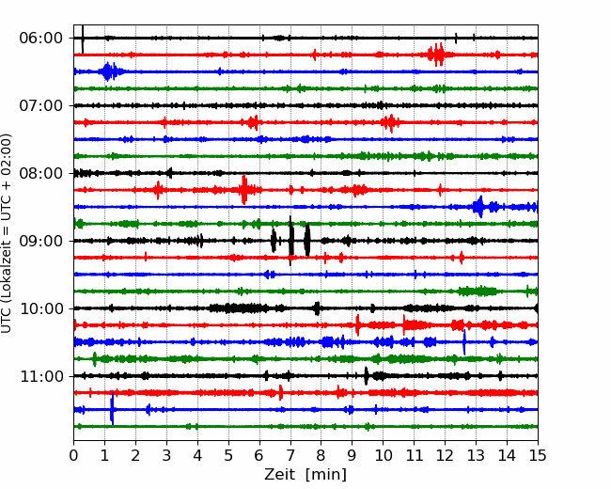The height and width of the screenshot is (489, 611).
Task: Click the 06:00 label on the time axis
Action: [41, 39]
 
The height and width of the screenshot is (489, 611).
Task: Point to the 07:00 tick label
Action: [41, 105]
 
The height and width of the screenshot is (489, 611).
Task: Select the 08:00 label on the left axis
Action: [41, 173]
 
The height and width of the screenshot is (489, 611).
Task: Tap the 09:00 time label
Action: [41, 241]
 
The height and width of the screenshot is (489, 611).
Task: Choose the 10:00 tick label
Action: [41, 308]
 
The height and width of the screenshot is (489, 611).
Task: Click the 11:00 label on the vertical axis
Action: [41, 376]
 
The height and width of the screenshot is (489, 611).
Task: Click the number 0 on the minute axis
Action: [73, 455]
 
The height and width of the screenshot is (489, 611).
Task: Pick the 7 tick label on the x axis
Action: [290, 455]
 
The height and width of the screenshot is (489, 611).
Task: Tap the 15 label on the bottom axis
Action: [538, 455]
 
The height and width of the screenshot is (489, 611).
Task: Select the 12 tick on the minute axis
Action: [445, 455]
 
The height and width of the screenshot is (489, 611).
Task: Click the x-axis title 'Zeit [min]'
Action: [305, 475]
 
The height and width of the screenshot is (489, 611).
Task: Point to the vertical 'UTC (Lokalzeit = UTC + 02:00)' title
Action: [6, 233]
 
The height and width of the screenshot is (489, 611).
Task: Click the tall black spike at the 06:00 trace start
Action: [83, 39]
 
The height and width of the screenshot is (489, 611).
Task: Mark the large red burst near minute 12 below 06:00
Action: [436, 55]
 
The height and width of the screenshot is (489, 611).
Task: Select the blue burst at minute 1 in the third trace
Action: [108, 71]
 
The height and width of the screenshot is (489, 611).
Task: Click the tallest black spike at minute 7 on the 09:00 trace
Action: [290, 241]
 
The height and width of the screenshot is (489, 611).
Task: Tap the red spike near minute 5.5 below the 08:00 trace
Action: [244, 190]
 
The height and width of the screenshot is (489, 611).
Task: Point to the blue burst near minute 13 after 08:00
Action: [479, 207]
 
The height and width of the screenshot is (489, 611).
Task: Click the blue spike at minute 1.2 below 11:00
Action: [112, 409]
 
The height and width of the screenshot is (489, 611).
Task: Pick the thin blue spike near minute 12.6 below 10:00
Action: [464, 342]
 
